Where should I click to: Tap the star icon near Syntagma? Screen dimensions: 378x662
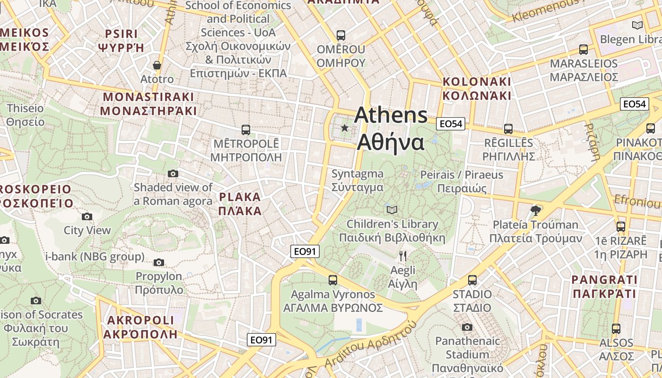[345, 128]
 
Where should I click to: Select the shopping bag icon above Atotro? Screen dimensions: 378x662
[157, 65]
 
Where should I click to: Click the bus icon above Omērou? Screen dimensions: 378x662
[340, 35]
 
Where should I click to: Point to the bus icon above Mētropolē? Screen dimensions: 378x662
[245, 129]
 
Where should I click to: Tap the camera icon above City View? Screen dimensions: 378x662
[87, 217]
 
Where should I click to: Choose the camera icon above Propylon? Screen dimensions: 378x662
[159, 262]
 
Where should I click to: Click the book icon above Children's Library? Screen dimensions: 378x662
[392, 210]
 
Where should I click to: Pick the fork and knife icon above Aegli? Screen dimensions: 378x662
[402, 256]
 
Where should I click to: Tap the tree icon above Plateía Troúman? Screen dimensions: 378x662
[535, 210]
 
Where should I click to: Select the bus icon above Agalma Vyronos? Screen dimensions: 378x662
[333, 280]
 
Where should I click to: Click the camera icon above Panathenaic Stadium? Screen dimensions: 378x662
[467, 327]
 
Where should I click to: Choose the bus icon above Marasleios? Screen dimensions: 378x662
[584, 50]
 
